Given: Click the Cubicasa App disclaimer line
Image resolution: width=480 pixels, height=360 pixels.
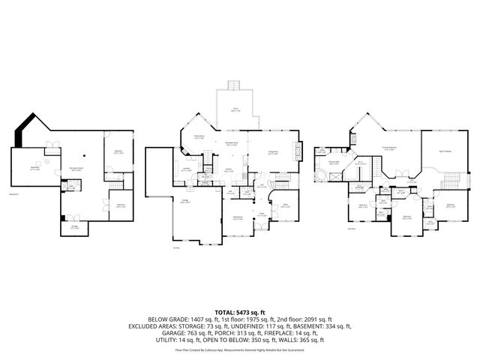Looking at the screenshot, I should point(240,349).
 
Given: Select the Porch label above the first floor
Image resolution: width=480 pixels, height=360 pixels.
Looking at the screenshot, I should point(235,109).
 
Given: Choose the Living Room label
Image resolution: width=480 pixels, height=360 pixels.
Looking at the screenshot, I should point(273,153).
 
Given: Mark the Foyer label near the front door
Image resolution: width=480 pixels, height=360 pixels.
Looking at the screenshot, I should point(262,214).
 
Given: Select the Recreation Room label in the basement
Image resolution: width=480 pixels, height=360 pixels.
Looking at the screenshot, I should point(76,169).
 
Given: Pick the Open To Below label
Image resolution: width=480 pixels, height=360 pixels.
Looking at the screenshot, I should point(444,151).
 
